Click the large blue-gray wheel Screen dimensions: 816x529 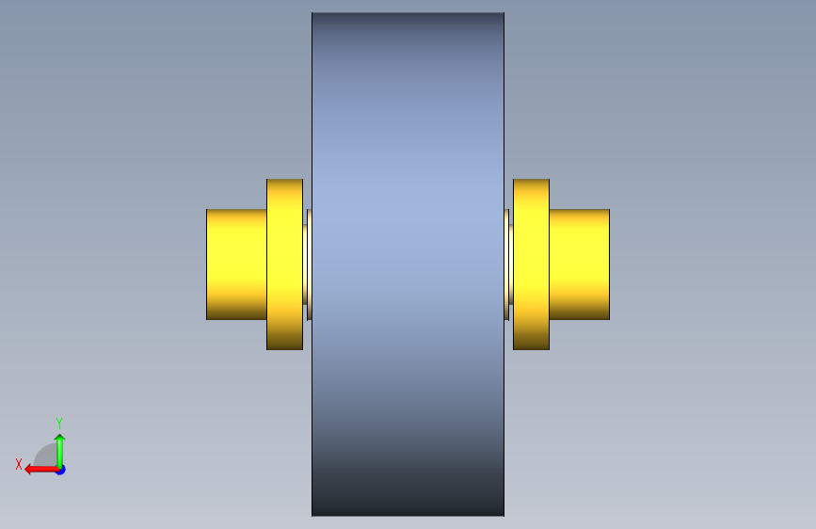coord(408,264)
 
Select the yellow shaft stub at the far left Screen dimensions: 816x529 coord(237,264)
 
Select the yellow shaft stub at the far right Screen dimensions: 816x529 coord(579,264)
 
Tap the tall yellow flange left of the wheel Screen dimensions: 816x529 coord(284,264)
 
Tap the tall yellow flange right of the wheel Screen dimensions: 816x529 coord(532,264)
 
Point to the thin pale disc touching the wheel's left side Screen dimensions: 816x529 coord(310,264)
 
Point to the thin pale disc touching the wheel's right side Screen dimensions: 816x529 coord(506,264)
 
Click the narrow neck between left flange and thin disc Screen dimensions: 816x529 coord(305,264)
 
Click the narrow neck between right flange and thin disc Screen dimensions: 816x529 coord(511,264)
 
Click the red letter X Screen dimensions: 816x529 coord(19,464)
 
